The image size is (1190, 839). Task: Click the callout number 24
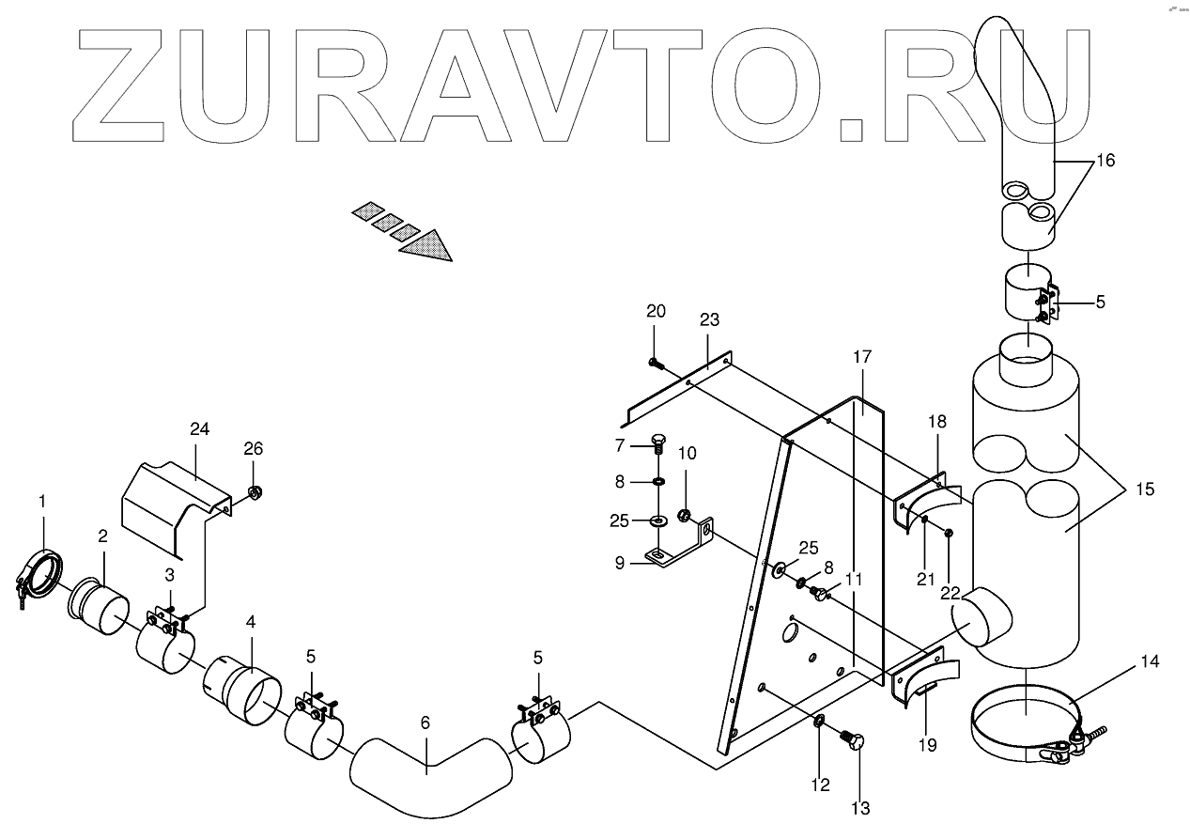[x=198, y=429]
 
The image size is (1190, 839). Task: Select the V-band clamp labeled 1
[x=41, y=574]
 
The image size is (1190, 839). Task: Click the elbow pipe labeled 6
[x=427, y=766]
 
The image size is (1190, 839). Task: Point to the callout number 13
[x=860, y=808]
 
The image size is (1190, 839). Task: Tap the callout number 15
[x=1144, y=489]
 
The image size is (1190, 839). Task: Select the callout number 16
[x=1105, y=161]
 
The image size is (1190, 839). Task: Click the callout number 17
[x=862, y=357]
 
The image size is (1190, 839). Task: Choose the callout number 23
[x=709, y=320]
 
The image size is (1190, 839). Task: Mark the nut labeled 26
[x=254, y=492]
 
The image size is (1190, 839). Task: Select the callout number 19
[x=927, y=746]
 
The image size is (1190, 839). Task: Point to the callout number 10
[x=688, y=454]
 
